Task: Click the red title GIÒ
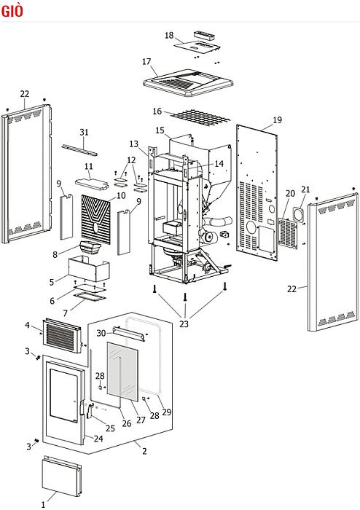click(12, 11)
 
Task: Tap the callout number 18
click(169, 35)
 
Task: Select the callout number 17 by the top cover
click(146, 61)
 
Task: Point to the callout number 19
click(277, 120)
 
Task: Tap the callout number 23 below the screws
click(184, 324)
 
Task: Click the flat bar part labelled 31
click(79, 150)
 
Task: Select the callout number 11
click(88, 166)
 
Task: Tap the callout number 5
click(52, 282)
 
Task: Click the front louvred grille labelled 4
click(62, 336)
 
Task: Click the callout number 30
click(101, 334)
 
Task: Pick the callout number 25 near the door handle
click(110, 428)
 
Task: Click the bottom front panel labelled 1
click(62, 476)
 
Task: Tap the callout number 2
click(144, 451)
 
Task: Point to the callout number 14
click(219, 164)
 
